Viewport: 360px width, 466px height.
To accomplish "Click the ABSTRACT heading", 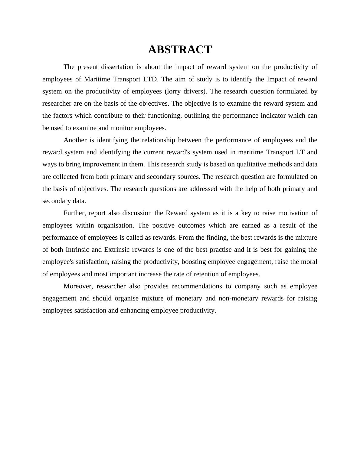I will [x=180, y=50].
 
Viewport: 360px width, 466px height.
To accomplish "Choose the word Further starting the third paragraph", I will [x=75, y=213].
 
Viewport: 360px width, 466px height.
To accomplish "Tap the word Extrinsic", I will [x=117, y=250].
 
